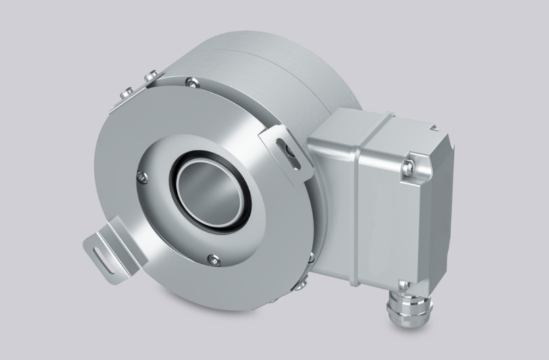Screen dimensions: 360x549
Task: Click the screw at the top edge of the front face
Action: [192, 83]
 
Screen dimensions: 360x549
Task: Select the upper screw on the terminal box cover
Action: [407, 166]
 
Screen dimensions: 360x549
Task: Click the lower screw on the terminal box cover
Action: [404, 285]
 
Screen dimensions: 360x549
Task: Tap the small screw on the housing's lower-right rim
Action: [310, 258]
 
